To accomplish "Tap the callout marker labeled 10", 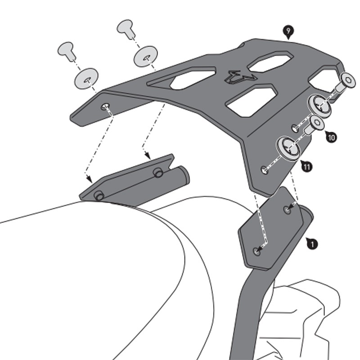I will [x=331, y=137].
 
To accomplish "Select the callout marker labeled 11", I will [x=307, y=167].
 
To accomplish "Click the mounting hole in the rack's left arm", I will [x=105, y=106].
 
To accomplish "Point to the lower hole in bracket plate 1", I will [x=257, y=251].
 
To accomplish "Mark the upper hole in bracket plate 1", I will [x=288, y=209].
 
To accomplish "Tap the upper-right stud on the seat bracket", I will [x=157, y=172].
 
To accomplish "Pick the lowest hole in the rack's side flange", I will [x=265, y=170].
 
